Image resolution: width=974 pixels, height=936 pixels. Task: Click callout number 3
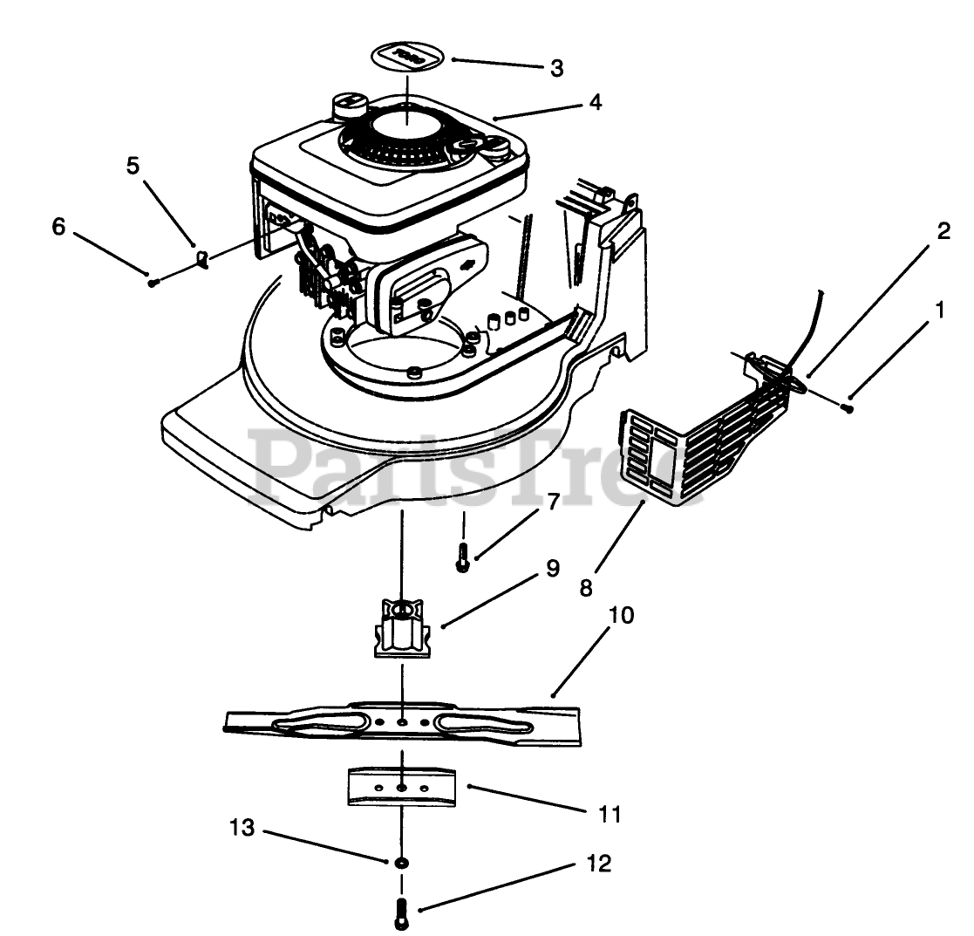(x=557, y=68)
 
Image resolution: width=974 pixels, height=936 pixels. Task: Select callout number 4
(x=595, y=102)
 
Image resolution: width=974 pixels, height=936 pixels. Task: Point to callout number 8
(x=585, y=587)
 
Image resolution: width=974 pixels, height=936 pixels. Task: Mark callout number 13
(x=242, y=827)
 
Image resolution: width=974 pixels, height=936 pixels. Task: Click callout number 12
(x=600, y=864)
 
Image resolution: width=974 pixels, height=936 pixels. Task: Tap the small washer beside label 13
(x=401, y=862)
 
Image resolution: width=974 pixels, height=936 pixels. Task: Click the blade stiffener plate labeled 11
(x=401, y=788)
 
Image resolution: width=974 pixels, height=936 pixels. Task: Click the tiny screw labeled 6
(x=153, y=282)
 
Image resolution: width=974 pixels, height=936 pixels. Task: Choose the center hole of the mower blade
(x=401, y=723)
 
